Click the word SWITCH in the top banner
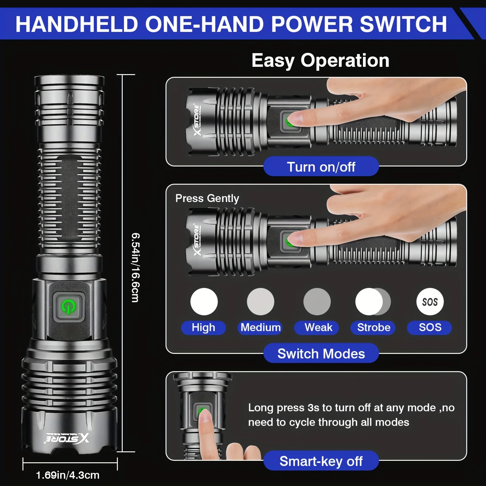click(403, 24)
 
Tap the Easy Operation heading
click(320, 60)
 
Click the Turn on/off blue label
click(321, 167)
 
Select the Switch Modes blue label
click(321, 354)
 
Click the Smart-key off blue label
click(321, 461)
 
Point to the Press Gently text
click(207, 198)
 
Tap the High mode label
click(203, 327)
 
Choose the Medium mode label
click(260, 327)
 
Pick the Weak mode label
click(318, 327)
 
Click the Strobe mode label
click(373, 327)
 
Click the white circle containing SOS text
click(430, 302)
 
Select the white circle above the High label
click(204, 302)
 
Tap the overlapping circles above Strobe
click(373, 302)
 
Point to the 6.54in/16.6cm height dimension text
click(135, 267)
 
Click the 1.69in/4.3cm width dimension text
click(68, 475)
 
